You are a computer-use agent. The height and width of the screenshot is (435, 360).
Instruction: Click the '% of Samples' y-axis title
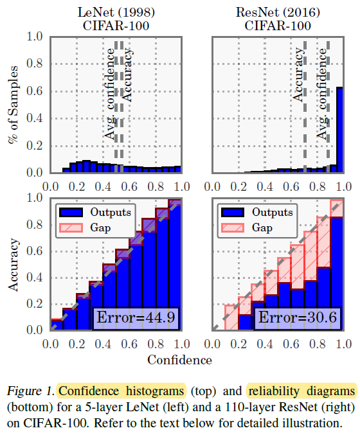click(13, 105)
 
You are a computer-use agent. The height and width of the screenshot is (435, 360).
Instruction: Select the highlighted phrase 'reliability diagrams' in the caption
click(300, 391)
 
